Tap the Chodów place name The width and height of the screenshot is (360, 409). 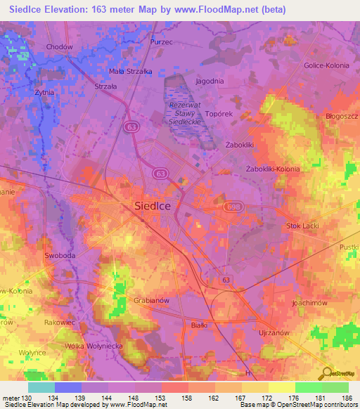click(x=59, y=47)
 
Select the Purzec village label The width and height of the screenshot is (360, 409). click(x=161, y=42)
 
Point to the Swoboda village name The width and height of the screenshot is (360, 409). click(x=60, y=257)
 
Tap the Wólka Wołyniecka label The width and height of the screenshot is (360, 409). click(x=95, y=346)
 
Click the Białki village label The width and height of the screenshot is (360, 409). click(x=200, y=325)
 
